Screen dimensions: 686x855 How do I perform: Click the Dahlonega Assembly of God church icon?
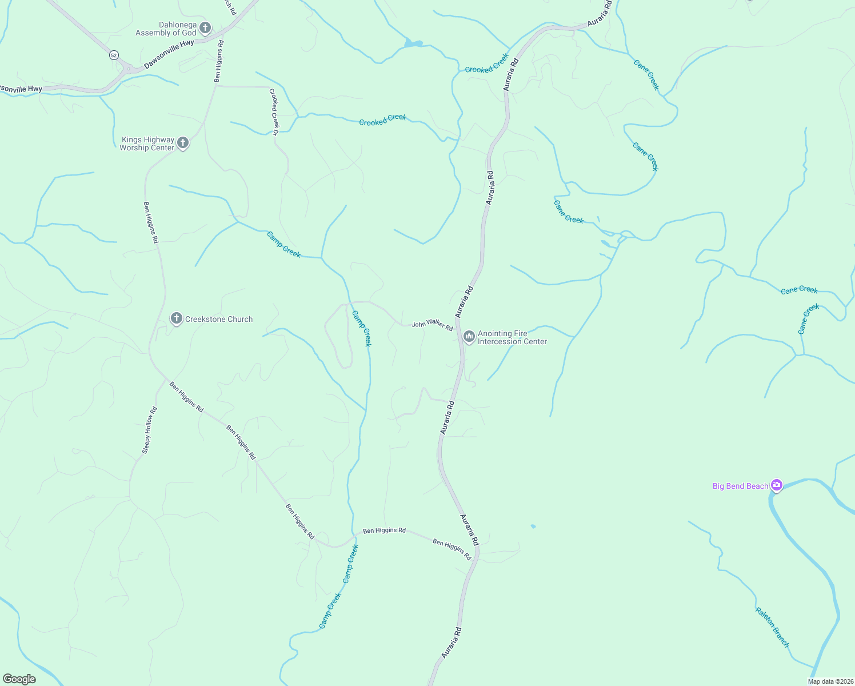point(205,28)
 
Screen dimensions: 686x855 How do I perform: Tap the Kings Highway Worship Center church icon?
point(183,143)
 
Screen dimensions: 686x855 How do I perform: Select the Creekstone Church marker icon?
point(177,318)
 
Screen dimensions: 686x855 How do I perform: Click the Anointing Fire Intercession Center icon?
point(469,337)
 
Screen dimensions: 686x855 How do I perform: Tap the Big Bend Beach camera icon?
point(776,485)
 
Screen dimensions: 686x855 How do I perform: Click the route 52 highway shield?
point(114,55)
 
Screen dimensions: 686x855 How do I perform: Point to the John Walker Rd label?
point(432,325)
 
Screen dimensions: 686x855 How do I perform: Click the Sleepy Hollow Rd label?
point(149,430)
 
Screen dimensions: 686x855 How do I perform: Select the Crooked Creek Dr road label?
point(274,111)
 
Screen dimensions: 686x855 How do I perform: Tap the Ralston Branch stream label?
point(772,627)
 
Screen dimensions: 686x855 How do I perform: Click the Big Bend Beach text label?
point(740,486)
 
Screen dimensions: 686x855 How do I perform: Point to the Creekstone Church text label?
point(219,319)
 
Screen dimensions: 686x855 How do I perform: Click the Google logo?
point(19,679)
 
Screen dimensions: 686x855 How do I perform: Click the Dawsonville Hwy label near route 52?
point(169,54)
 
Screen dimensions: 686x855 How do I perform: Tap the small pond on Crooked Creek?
point(413,43)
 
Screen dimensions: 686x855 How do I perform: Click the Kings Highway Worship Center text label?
point(147,143)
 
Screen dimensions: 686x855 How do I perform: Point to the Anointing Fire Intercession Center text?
point(512,337)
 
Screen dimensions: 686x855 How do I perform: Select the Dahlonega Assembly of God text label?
point(166,29)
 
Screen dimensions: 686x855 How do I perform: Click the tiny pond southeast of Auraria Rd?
point(533,526)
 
